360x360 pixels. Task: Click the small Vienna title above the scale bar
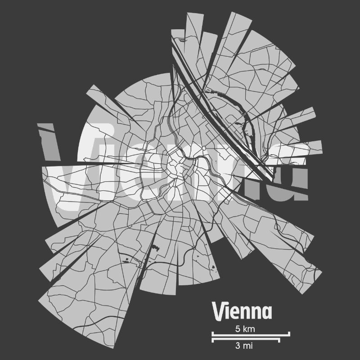tap(242, 311)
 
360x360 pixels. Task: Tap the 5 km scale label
tap(245, 329)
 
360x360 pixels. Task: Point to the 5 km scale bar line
tap(251, 335)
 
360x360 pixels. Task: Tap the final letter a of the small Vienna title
tap(268, 312)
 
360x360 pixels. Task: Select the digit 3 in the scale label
tap(237, 346)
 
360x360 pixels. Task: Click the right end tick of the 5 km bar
tap(289, 334)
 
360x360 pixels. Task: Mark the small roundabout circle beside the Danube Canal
tap(204, 148)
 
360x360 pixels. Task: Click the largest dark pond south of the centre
tap(157, 247)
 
